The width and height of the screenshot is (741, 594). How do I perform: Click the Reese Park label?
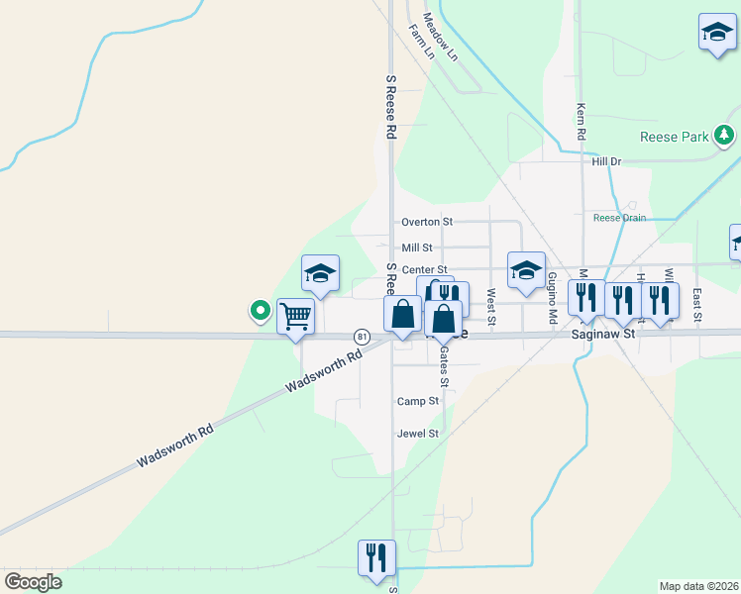[674, 137]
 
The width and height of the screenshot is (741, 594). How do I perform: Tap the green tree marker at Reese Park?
[725, 136]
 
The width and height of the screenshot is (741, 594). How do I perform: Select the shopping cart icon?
[295, 317]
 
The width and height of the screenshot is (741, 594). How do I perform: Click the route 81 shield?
[362, 338]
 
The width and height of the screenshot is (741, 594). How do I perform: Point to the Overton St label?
[426, 222]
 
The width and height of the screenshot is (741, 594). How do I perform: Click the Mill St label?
[417, 247]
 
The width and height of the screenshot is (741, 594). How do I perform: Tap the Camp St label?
[417, 401]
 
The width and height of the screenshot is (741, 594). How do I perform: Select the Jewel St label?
[417, 434]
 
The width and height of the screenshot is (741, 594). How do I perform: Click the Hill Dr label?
[606, 161]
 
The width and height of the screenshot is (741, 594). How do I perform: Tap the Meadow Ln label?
[441, 37]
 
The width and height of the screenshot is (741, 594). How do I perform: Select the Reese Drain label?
[619, 218]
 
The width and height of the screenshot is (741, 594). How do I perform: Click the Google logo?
[33, 582]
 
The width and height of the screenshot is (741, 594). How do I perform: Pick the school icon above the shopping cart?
[321, 273]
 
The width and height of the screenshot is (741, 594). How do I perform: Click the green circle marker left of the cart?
[261, 311]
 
